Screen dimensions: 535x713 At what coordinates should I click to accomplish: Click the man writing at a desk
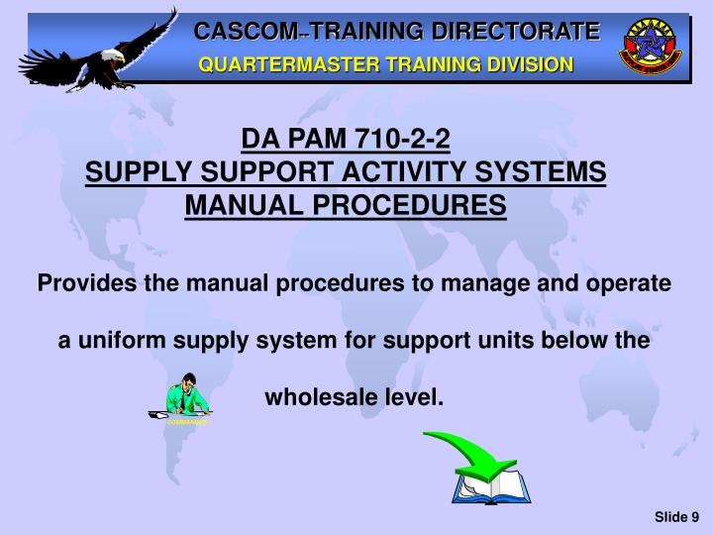coord(184,398)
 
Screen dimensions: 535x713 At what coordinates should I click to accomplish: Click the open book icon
coord(491,486)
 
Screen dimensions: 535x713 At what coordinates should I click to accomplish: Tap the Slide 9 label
coord(676,515)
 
